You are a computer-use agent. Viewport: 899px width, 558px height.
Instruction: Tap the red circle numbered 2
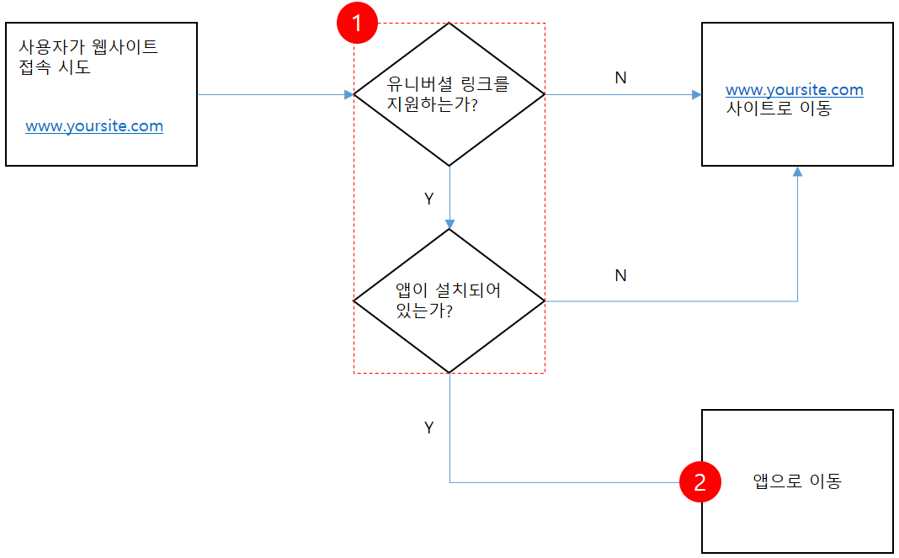coord(700,482)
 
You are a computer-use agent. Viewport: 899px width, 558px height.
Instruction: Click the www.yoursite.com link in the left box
coord(94,126)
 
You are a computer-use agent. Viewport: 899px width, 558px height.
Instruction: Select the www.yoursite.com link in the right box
coord(794,90)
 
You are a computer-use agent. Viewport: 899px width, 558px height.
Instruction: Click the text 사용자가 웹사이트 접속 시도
coord(88,56)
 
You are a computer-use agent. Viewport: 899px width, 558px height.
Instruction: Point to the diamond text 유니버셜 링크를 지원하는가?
coord(448,94)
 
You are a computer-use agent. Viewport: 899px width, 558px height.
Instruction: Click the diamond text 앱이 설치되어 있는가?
coord(448,300)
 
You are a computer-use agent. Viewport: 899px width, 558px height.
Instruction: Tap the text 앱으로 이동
coord(796,481)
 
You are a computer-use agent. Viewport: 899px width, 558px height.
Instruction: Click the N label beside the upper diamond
coord(620,77)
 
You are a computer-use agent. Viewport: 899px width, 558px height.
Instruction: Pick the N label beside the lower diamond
coord(620,275)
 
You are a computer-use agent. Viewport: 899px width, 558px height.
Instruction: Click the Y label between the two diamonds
coord(428,199)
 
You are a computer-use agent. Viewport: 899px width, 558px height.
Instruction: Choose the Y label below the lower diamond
coord(428,428)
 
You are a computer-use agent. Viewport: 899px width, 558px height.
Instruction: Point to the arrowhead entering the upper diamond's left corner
coord(348,95)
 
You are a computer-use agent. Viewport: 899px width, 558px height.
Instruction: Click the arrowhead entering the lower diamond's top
coord(449,224)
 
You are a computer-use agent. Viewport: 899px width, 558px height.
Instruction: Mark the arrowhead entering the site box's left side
coord(697,95)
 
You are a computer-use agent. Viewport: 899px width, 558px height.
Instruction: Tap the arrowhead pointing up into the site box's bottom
coord(797,172)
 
